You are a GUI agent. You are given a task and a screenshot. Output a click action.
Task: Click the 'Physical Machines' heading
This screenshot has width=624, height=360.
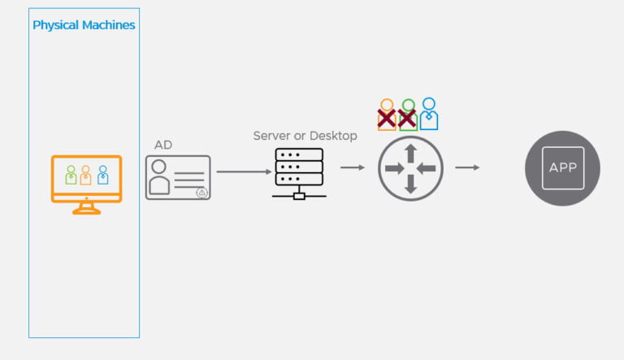click(x=84, y=25)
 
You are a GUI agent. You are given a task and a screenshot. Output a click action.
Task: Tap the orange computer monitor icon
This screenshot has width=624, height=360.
click(x=86, y=180)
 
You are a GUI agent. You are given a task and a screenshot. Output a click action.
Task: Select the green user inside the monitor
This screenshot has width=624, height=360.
click(x=71, y=175)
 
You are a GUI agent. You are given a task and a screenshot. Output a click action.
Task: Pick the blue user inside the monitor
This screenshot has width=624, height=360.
click(x=102, y=175)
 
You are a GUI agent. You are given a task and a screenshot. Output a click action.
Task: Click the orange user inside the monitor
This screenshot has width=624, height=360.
click(x=86, y=175)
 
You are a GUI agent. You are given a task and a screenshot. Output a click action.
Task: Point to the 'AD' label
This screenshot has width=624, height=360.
click(x=163, y=145)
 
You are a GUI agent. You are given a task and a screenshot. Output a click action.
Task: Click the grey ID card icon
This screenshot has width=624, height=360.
click(x=178, y=177)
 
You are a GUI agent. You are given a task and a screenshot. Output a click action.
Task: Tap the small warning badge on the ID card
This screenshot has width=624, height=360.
click(x=201, y=193)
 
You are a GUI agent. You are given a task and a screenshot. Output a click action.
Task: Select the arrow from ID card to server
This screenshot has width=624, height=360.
click(x=243, y=172)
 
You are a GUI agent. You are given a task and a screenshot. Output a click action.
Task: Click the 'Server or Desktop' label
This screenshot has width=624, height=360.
click(x=305, y=136)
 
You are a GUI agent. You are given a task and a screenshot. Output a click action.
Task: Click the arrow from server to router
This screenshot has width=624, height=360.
click(x=352, y=167)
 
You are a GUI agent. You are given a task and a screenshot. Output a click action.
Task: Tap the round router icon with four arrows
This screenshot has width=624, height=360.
click(x=410, y=168)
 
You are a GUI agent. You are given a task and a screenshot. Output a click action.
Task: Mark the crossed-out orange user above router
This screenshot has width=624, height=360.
click(x=388, y=115)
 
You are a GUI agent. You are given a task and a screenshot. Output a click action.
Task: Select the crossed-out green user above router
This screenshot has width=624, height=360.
click(x=408, y=115)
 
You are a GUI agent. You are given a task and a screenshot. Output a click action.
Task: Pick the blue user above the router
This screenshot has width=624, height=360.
click(x=428, y=114)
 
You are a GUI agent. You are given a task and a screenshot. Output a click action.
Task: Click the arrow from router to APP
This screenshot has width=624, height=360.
click(x=466, y=167)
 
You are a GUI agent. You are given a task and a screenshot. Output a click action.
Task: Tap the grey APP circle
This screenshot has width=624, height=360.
click(x=563, y=168)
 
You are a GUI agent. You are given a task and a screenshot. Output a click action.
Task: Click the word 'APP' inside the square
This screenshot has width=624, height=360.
click(x=563, y=168)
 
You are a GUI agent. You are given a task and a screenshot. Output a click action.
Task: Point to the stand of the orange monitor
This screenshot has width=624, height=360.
click(x=86, y=209)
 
